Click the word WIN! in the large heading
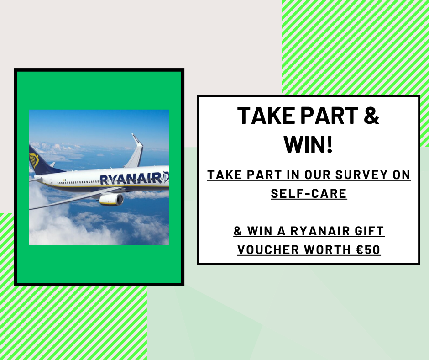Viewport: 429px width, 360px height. (x=309, y=144)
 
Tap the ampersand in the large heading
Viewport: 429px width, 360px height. (x=372, y=115)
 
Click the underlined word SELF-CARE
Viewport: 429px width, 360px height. (x=309, y=193)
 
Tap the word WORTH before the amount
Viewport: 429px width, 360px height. (x=328, y=249)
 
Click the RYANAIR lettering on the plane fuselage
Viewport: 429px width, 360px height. (x=131, y=178)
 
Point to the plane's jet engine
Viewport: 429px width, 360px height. (x=111, y=200)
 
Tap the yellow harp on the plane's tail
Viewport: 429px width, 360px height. (x=34, y=160)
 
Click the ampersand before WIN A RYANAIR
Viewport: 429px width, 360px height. (x=238, y=231)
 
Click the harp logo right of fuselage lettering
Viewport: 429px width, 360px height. (x=166, y=176)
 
